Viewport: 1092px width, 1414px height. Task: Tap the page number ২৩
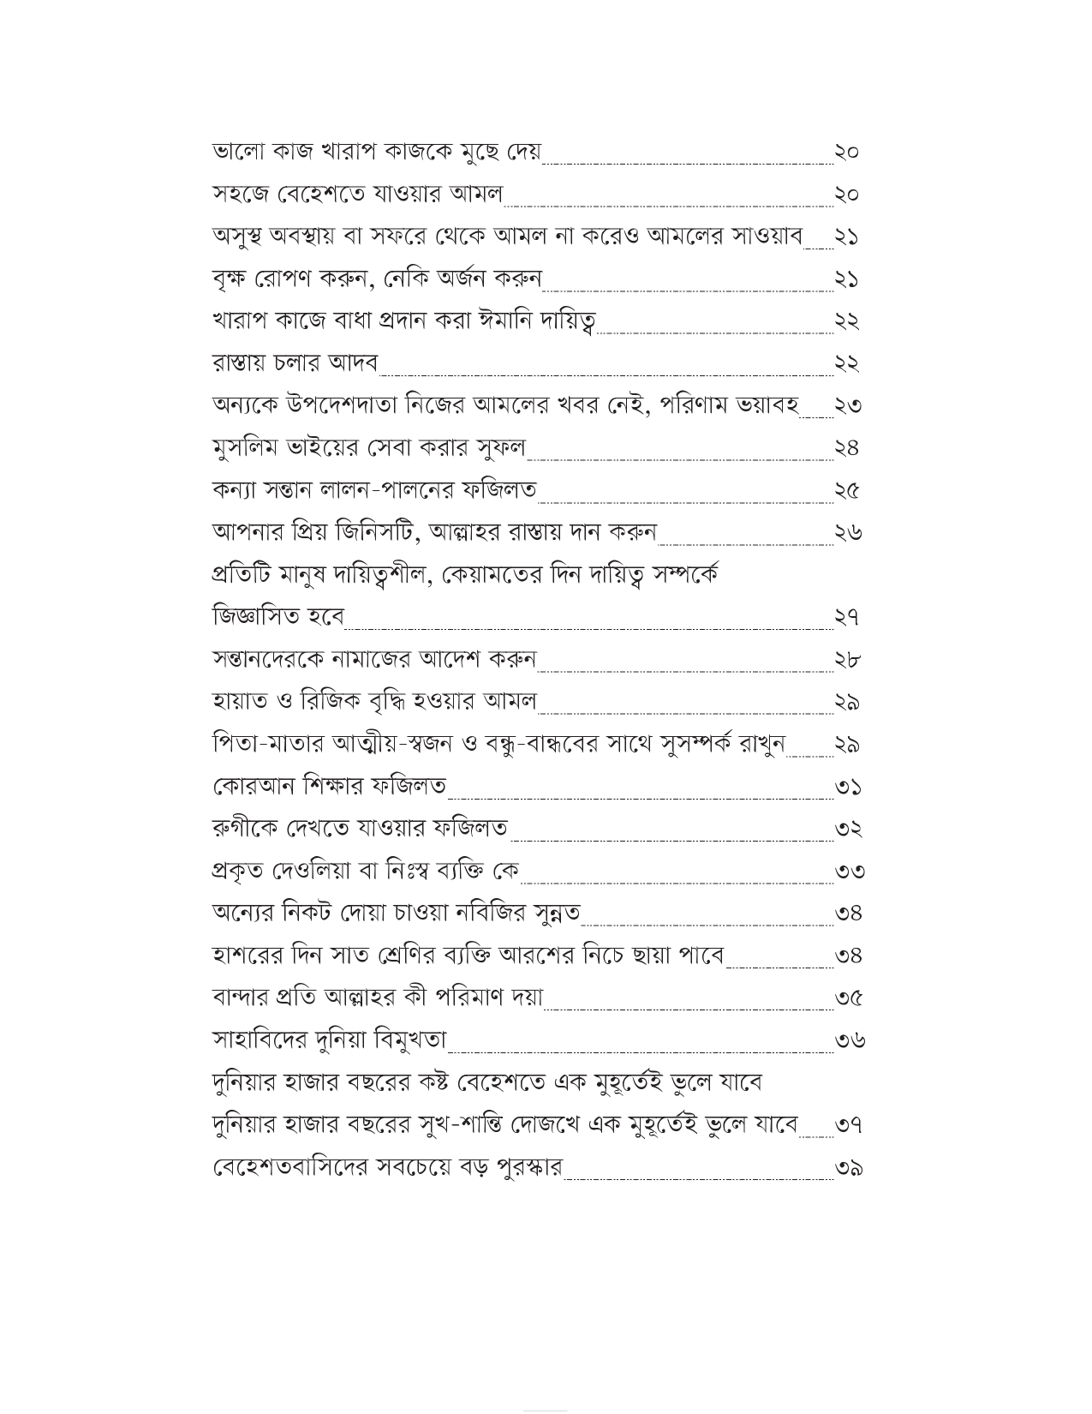coord(847,405)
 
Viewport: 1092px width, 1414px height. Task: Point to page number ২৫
coord(846,490)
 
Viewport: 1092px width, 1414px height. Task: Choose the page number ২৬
coord(847,532)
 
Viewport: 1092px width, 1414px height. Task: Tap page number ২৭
coord(846,617)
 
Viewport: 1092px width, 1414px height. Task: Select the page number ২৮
coord(846,659)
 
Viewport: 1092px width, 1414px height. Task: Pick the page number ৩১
coord(847,786)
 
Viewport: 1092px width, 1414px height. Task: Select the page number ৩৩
coord(848,871)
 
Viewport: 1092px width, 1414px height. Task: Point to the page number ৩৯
coord(848,1167)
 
